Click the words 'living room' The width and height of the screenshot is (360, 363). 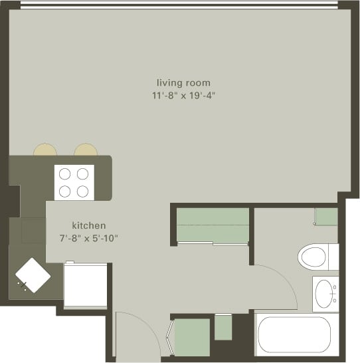tap(183, 83)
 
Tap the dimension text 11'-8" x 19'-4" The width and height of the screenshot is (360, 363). tap(183, 96)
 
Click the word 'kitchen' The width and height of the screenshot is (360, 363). tap(89, 226)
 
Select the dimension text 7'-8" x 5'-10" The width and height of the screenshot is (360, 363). tap(89, 238)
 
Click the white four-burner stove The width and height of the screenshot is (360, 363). tap(74, 182)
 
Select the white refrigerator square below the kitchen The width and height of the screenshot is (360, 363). tap(85, 285)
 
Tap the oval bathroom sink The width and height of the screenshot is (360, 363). tap(325, 293)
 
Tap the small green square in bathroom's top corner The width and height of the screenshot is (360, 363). tap(325, 217)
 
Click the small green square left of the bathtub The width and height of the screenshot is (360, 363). tap(223, 326)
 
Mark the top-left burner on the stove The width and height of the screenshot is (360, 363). tap(65, 174)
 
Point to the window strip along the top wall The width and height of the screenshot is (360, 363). tap(179, 5)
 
